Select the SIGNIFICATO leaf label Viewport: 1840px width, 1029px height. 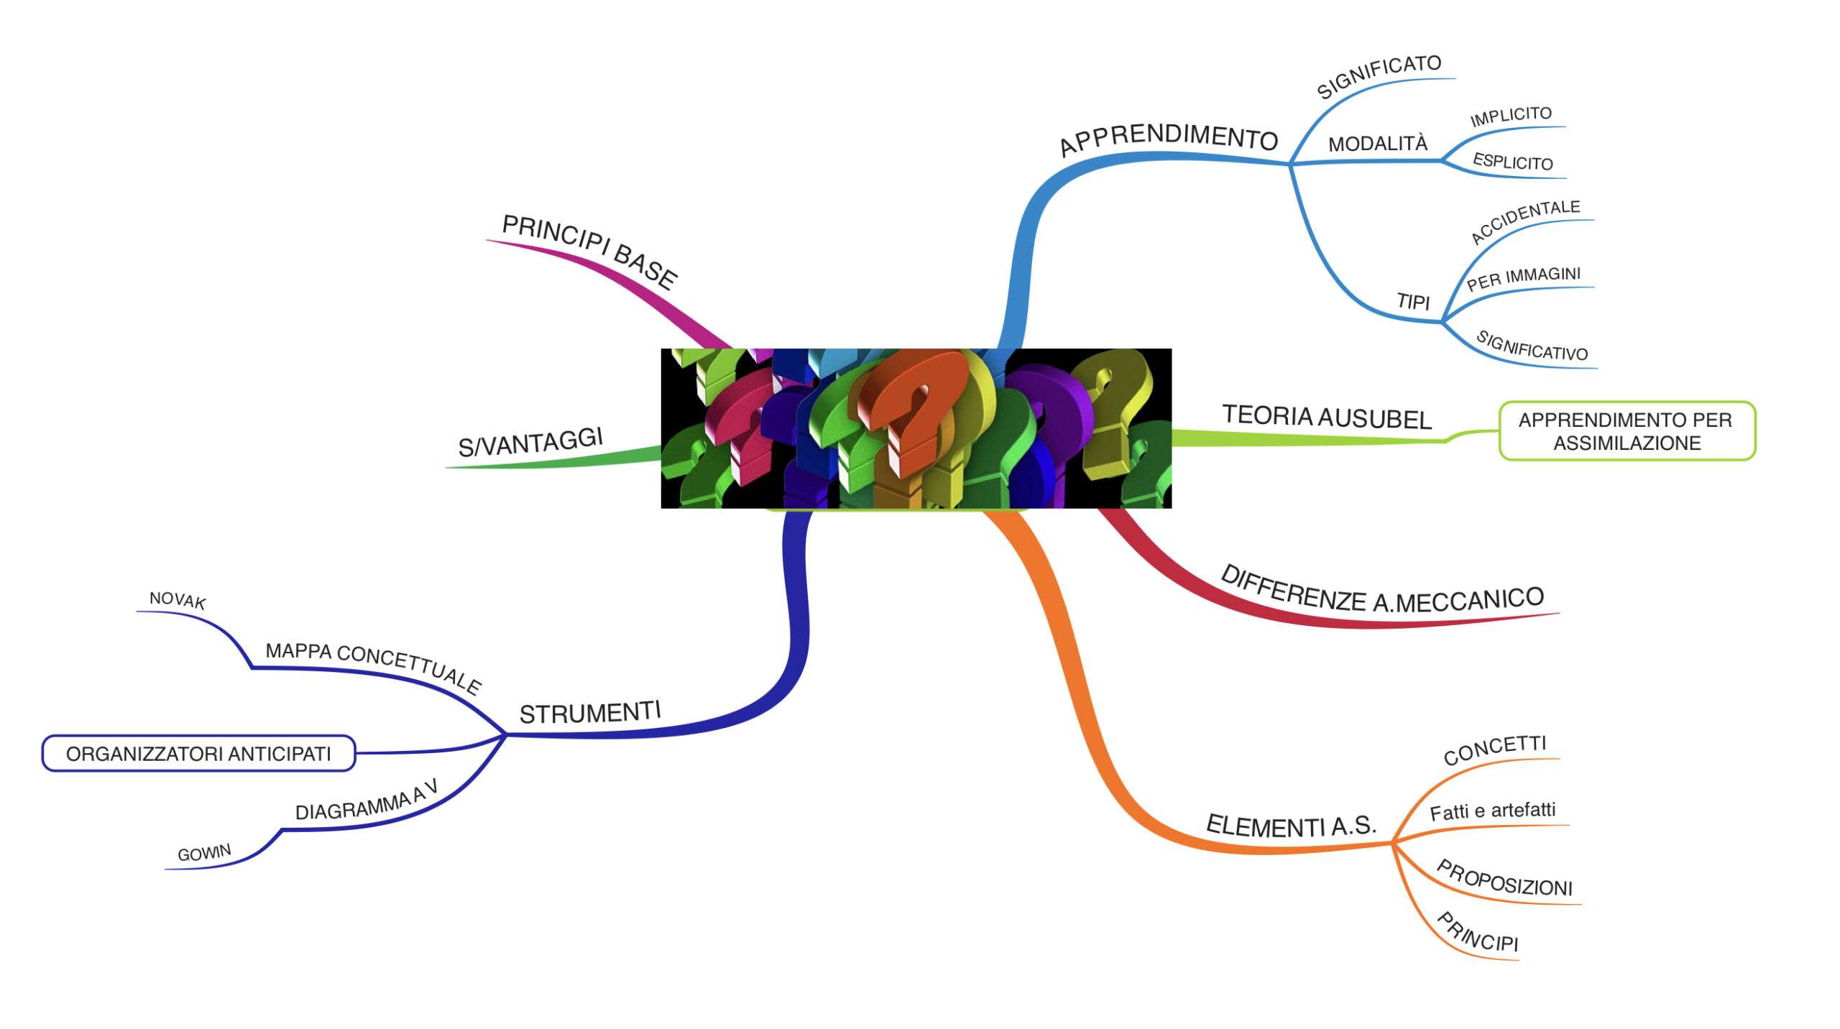point(1379,75)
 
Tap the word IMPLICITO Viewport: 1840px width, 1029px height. point(1511,116)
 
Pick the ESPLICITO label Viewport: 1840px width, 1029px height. point(1513,162)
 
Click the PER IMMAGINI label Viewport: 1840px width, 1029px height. point(1524,279)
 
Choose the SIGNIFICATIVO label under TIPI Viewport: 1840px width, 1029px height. point(1532,346)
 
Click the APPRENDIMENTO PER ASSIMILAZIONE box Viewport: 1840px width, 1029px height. point(1627,431)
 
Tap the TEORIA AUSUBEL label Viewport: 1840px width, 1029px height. point(1327,417)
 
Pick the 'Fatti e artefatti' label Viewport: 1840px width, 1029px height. point(1493,811)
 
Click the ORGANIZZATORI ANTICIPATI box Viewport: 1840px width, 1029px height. point(198,753)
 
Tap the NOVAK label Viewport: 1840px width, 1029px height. point(178,600)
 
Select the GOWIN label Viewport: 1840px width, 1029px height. point(205,853)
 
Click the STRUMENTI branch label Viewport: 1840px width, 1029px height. point(590,713)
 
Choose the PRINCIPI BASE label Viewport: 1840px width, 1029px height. point(589,252)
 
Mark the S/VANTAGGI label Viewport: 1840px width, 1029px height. point(530,441)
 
